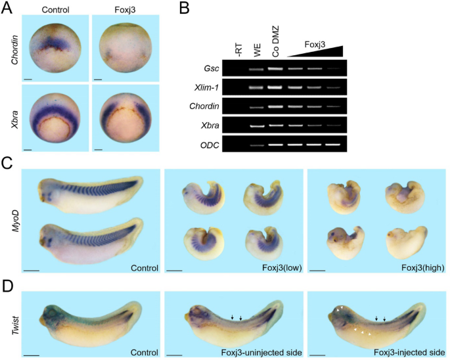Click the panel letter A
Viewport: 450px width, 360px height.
click(7, 9)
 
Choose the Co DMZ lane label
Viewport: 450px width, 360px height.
click(275, 43)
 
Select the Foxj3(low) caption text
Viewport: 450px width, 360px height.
click(277, 267)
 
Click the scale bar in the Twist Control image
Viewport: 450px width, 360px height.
click(31, 354)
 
